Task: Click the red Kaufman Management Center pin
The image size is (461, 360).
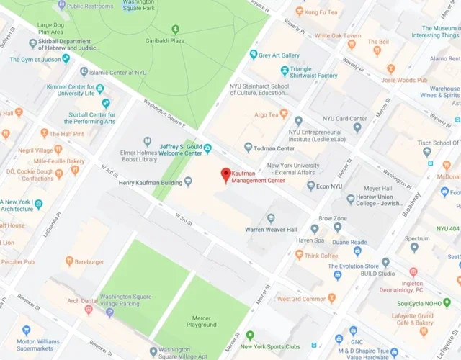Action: (x=225, y=174)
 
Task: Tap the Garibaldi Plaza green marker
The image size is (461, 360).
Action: (x=175, y=30)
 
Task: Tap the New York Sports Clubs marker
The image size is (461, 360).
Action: (x=249, y=336)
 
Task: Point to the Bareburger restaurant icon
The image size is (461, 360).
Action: (x=69, y=261)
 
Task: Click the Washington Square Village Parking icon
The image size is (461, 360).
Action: (x=109, y=312)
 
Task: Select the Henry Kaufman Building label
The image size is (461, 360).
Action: (x=151, y=182)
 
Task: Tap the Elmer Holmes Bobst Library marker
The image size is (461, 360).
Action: (x=148, y=141)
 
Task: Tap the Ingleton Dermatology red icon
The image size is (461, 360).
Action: (x=413, y=272)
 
